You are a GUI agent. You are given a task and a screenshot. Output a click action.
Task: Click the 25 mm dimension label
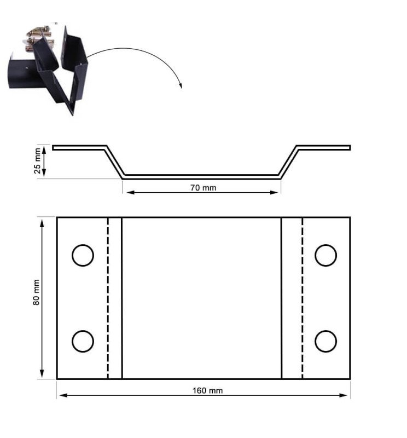point(37,160)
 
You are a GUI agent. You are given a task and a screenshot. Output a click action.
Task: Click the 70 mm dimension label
point(203,188)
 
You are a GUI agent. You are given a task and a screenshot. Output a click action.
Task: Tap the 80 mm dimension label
point(36,292)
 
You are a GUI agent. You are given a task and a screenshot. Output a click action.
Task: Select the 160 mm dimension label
point(208,390)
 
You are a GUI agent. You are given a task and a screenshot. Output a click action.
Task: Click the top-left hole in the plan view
point(83,255)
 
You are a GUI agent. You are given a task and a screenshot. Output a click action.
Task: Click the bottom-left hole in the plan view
point(83,341)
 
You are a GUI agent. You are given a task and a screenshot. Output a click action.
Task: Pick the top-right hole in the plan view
point(326,255)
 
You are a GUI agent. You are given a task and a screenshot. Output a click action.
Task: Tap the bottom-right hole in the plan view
point(326,341)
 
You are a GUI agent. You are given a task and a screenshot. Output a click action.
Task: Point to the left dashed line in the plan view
point(108,298)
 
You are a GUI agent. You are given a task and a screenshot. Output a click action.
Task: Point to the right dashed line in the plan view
point(303,298)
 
